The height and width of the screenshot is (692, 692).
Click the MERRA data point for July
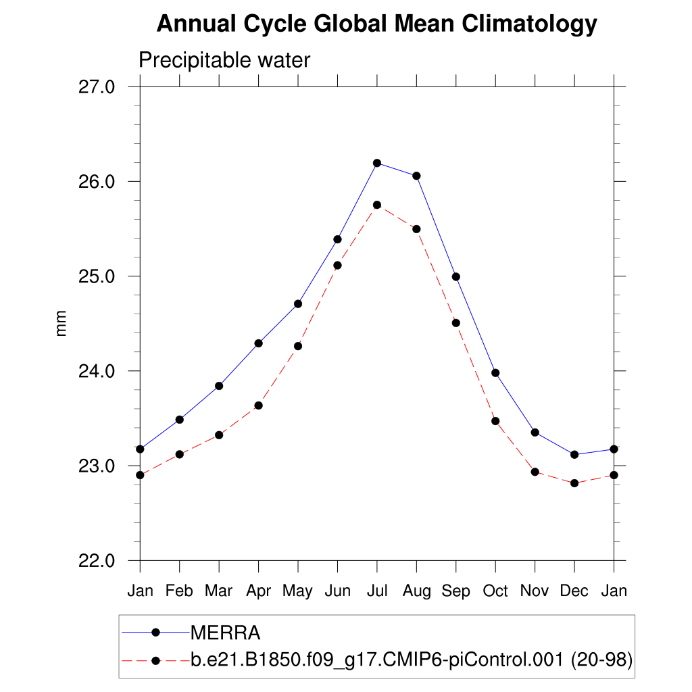[377, 163]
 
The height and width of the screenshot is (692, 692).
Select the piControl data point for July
[377, 205]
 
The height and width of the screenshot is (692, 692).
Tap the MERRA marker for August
[416, 176]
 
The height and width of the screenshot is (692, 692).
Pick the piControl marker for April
[258, 405]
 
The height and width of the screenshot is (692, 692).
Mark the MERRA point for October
[495, 372]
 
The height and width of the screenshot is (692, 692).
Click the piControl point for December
[574, 483]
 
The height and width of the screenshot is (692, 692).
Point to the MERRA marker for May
[298, 303]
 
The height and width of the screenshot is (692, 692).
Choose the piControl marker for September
[456, 323]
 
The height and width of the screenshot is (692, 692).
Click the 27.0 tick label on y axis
[99, 87]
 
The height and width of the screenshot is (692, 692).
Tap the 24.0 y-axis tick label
[99, 371]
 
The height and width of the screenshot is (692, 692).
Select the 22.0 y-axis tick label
[99, 561]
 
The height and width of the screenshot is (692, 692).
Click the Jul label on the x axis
[377, 591]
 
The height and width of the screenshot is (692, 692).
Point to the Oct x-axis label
[495, 591]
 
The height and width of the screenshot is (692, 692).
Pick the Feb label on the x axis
[179, 591]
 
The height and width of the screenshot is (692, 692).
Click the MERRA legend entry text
[225, 633]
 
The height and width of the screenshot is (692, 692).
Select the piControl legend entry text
[412, 660]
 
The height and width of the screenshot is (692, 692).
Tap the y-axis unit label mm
[61, 324]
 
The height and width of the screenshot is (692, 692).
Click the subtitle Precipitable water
[224, 61]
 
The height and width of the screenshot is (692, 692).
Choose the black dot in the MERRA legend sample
[155, 633]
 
